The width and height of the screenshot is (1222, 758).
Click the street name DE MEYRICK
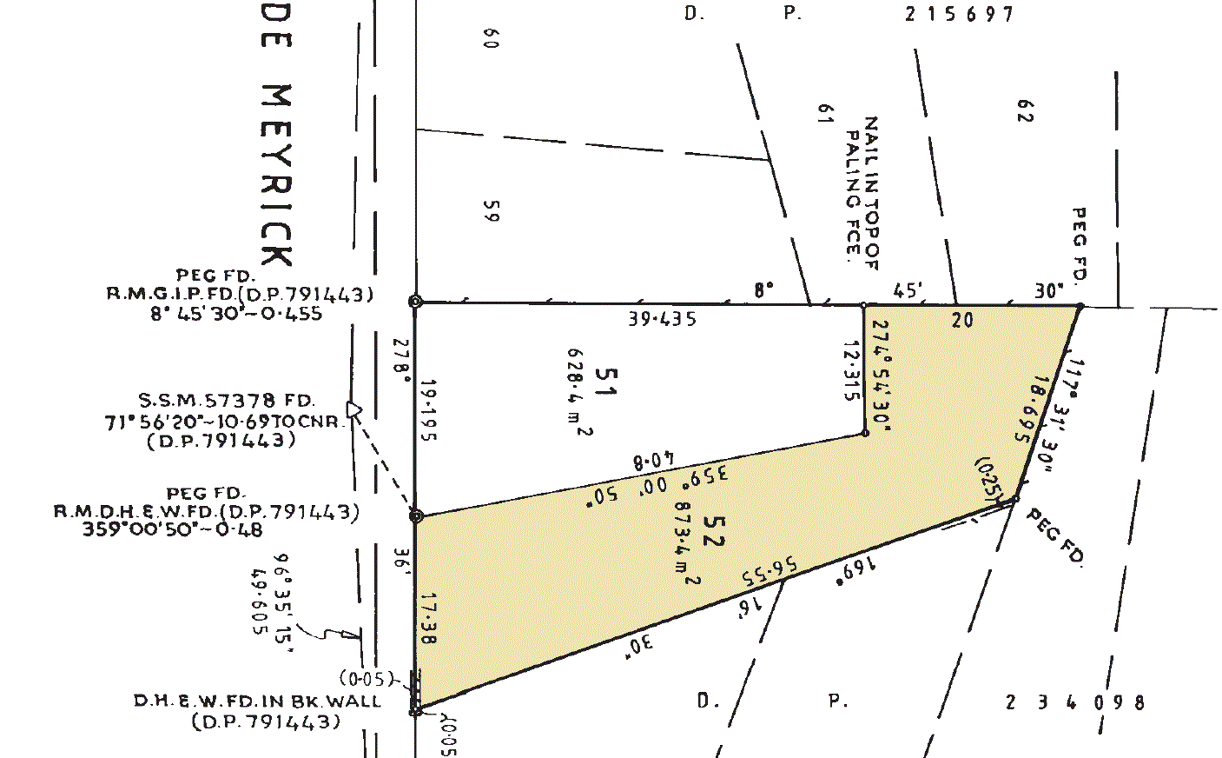[x=277, y=148]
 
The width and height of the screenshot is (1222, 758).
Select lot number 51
[x=605, y=382]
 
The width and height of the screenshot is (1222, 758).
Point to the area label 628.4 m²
[x=579, y=391]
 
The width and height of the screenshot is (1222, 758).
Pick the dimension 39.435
[x=663, y=319]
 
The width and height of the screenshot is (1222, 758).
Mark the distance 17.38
[x=427, y=618]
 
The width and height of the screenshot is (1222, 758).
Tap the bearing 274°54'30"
[x=880, y=375]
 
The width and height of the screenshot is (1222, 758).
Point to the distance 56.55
[x=770, y=573]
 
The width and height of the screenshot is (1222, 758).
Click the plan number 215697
[x=959, y=14]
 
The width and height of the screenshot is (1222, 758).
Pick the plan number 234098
[x=1075, y=702]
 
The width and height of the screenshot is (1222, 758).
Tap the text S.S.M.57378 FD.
[x=226, y=401]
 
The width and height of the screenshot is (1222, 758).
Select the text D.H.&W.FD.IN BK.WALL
[x=257, y=701]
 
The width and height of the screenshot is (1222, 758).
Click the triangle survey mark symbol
[x=353, y=409]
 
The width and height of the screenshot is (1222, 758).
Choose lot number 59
[x=490, y=211]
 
